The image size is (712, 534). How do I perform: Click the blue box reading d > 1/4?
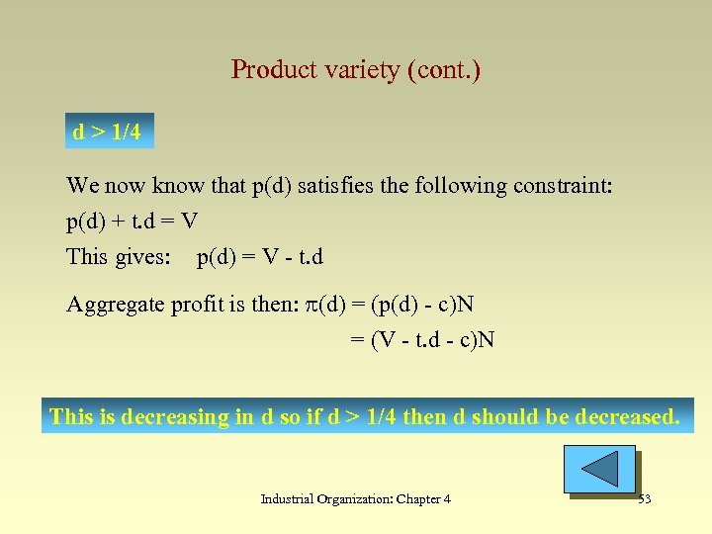click(107, 133)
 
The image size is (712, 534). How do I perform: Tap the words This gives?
click(116, 257)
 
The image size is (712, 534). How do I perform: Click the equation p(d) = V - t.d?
click(260, 257)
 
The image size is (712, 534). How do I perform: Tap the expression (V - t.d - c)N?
click(432, 340)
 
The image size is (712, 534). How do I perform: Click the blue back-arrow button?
click(599, 469)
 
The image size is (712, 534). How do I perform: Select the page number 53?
click(645, 499)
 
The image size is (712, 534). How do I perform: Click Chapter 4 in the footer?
click(423, 499)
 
